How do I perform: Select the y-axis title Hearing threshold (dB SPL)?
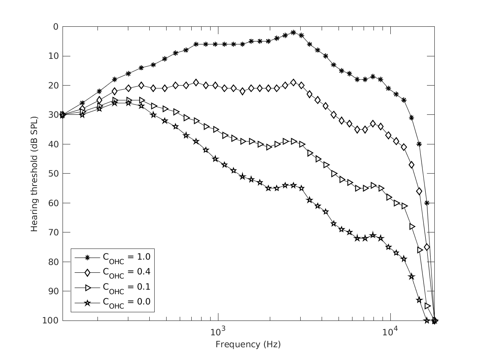(35, 173)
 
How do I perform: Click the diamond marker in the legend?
(87, 272)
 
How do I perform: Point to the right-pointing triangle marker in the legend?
(87, 287)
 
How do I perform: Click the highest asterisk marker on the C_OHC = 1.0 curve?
(293, 32)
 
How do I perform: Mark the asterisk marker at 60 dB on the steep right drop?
(427, 203)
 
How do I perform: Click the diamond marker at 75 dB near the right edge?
(427, 247)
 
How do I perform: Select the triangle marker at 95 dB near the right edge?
(427, 306)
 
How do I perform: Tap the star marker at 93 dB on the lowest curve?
(420, 300)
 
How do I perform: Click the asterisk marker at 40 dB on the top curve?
(419, 144)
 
